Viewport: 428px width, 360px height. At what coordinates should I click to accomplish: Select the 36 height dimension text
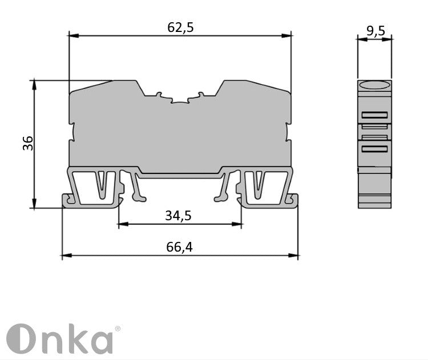[28, 143]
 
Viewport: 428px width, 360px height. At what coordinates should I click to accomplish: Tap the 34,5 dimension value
[178, 216]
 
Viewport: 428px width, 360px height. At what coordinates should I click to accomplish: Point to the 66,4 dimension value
[179, 246]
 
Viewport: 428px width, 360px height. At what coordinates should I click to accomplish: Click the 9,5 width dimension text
[375, 31]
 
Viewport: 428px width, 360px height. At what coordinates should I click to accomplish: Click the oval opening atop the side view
[374, 86]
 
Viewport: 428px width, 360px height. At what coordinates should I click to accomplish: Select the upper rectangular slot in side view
[374, 115]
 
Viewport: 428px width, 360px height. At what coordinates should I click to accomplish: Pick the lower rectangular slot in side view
[374, 149]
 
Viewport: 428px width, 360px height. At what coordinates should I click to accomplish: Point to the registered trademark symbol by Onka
[118, 329]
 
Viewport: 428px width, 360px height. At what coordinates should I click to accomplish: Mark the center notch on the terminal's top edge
[180, 102]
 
